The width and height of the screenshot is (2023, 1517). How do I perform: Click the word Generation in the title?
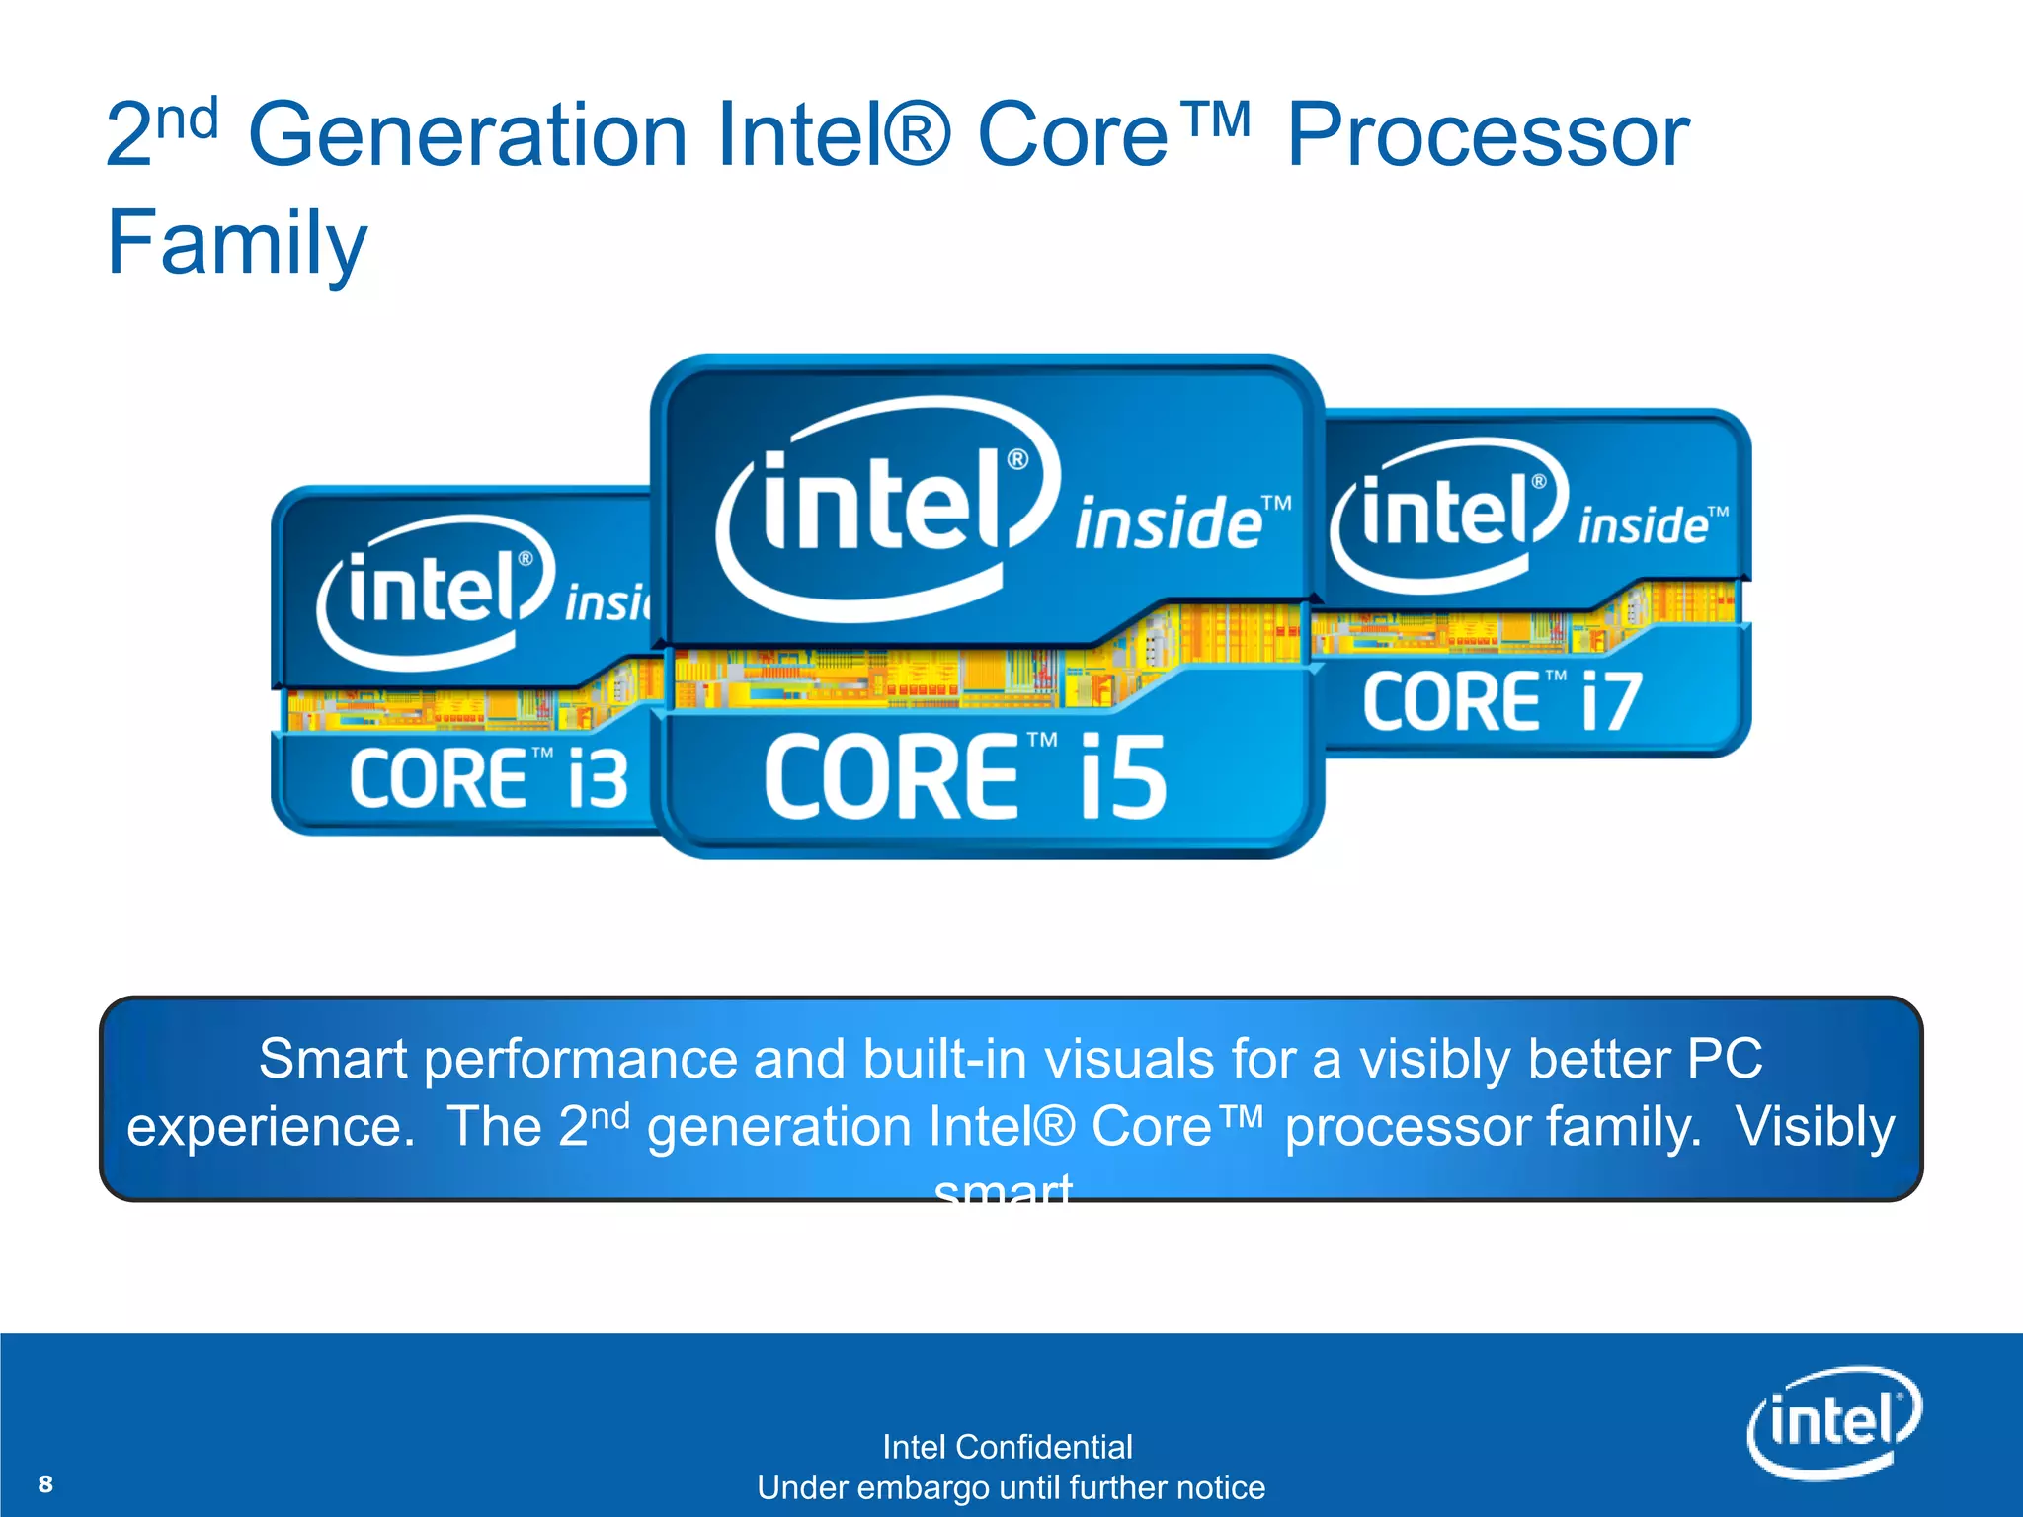(x=467, y=135)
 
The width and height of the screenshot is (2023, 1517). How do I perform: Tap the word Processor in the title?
(x=1488, y=135)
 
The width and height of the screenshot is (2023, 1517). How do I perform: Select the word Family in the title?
(x=237, y=243)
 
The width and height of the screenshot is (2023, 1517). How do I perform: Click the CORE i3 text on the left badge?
(x=489, y=778)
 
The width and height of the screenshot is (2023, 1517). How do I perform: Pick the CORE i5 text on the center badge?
(x=965, y=777)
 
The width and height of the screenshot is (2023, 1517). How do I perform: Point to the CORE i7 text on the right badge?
(x=1502, y=702)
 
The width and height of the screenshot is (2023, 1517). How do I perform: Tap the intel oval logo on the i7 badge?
(x=1448, y=514)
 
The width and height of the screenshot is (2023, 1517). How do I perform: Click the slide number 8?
(x=45, y=1483)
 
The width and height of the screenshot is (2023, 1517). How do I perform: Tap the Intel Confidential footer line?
(x=1007, y=1447)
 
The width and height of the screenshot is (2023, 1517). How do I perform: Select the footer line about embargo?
(x=1011, y=1487)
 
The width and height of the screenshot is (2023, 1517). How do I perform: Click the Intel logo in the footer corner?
(x=1834, y=1422)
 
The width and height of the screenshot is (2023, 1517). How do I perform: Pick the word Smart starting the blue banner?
(x=332, y=1060)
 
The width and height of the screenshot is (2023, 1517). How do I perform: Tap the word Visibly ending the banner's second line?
(x=1815, y=1127)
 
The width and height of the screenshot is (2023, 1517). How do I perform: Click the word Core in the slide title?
(x=1073, y=135)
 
